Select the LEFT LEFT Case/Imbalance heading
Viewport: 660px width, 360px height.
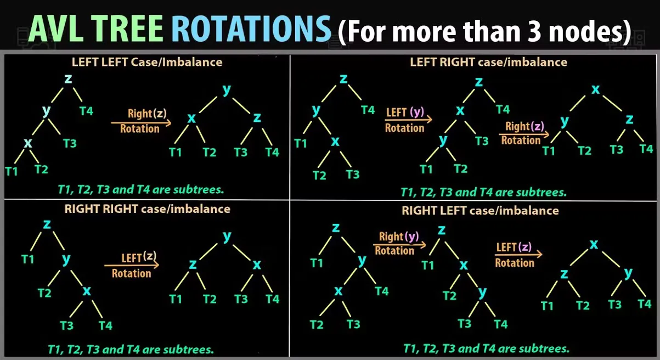coord(147,62)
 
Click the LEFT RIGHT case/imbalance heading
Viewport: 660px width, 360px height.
coord(488,62)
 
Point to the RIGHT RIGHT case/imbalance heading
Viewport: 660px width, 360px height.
coord(147,209)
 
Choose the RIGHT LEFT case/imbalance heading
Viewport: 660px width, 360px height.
coord(480,211)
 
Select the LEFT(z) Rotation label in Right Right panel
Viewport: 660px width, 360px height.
coord(132,266)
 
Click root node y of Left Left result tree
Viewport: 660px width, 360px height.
coord(226,90)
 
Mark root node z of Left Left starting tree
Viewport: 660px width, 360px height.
coord(68,78)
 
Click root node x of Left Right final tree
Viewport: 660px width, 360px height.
coord(595,89)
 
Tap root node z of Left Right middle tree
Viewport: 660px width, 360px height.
coord(479,82)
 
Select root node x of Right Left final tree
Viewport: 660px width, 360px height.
coord(593,244)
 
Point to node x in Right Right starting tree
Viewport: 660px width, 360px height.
coord(87,291)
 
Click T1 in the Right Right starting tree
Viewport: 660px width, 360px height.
coord(28,258)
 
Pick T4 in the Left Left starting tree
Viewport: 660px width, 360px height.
coord(86,111)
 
